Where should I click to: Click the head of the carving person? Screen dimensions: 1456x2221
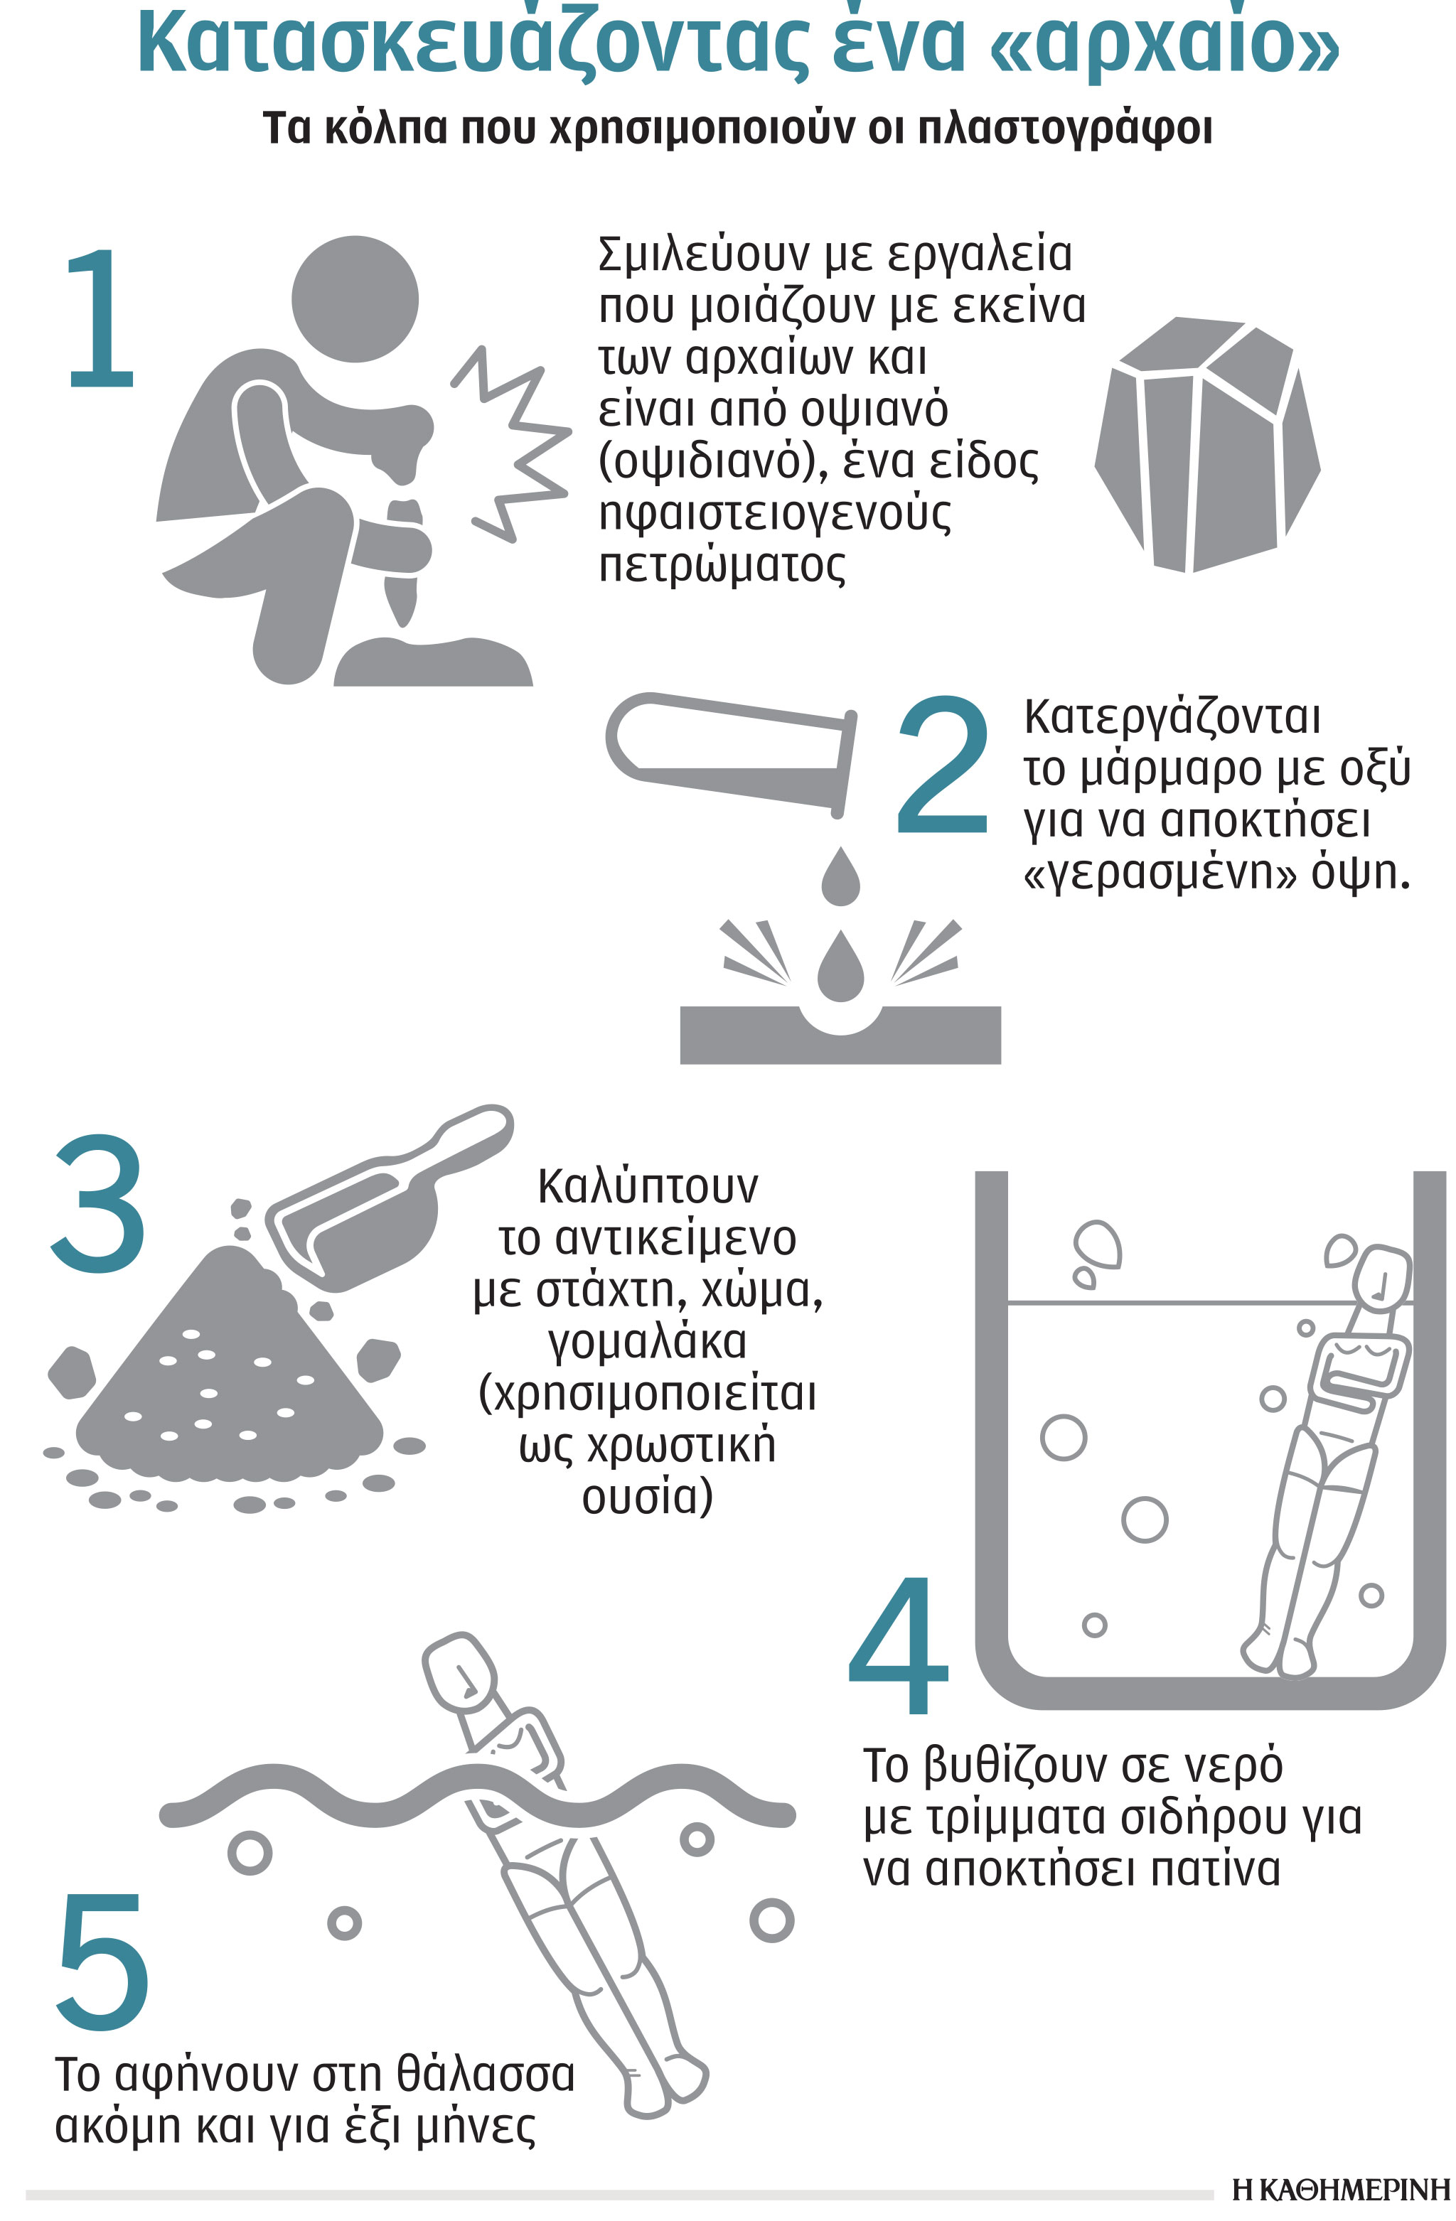tap(355, 299)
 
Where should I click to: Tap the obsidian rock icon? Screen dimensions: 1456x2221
tap(1206, 444)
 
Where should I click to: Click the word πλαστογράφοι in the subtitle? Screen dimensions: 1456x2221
tap(1065, 129)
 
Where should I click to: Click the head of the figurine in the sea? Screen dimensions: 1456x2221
tap(459, 1673)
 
